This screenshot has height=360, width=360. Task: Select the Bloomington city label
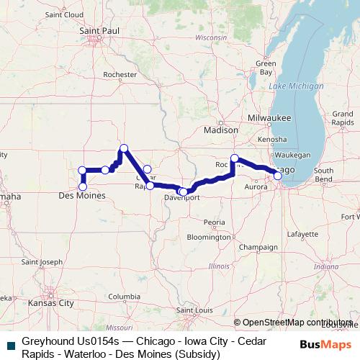click(x=208, y=236)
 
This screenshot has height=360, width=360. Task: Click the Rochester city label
click(x=120, y=74)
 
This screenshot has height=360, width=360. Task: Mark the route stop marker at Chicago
click(x=278, y=175)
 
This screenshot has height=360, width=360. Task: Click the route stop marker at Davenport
click(x=183, y=192)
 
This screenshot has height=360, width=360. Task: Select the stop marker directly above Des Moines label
click(x=83, y=186)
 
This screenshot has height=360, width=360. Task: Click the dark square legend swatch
click(x=11, y=345)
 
